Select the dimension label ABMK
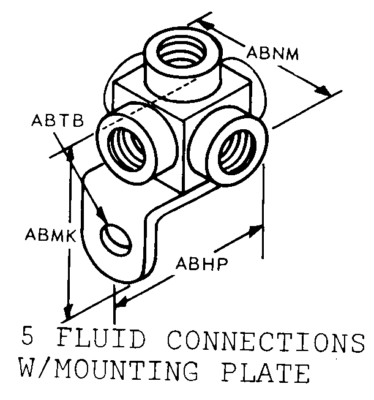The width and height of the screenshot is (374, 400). coord(47,235)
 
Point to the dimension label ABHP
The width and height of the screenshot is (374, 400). coord(202,265)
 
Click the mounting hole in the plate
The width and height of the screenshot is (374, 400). coord(116,238)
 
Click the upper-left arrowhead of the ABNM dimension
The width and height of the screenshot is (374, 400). coord(206,25)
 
